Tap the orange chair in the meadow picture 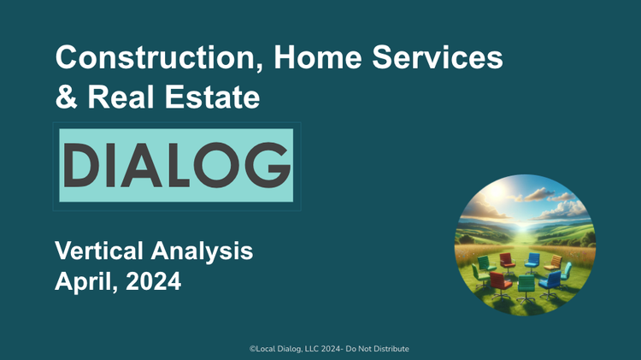(x=553, y=262)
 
